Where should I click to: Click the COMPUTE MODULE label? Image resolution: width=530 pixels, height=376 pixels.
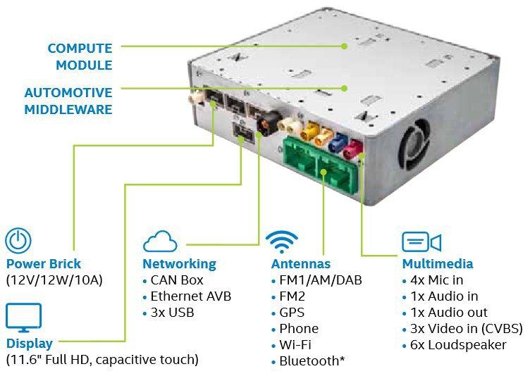pos(80,56)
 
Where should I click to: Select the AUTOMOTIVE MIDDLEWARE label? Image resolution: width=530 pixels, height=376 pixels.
pos(68,101)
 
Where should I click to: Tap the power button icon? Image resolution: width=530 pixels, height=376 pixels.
pos(18,241)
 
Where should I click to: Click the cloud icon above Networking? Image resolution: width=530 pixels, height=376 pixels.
pos(160,242)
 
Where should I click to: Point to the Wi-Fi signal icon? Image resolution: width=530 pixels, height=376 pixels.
pos(282,242)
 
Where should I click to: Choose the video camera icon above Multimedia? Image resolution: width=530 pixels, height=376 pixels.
pos(421,242)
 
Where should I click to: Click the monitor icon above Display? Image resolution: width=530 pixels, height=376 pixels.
pos(24,318)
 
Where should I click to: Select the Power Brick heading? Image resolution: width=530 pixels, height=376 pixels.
pos(44,263)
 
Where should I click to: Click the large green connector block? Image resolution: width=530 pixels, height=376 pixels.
pos(319,166)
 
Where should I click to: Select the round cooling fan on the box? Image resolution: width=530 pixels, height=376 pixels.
pos(414,144)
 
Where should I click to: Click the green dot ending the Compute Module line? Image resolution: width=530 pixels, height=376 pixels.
pos(344,46)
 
